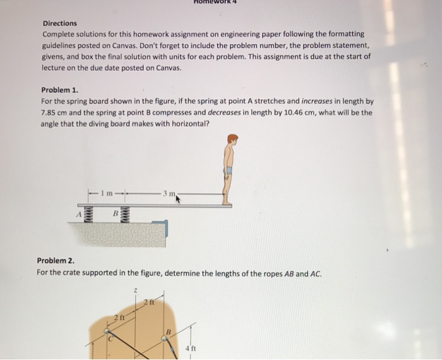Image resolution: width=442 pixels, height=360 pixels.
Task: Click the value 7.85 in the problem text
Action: [x=50, y=112]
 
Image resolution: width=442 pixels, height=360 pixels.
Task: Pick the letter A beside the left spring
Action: [x=80, y=215]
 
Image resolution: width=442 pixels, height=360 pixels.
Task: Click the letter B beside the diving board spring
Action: [x=116, y=215]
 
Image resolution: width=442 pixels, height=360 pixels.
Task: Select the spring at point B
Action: [x=125, y=215]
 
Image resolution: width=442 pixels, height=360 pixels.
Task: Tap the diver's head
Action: [x=233, y=140]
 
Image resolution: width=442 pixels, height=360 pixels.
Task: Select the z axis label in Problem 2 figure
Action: [x=135, y=289]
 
